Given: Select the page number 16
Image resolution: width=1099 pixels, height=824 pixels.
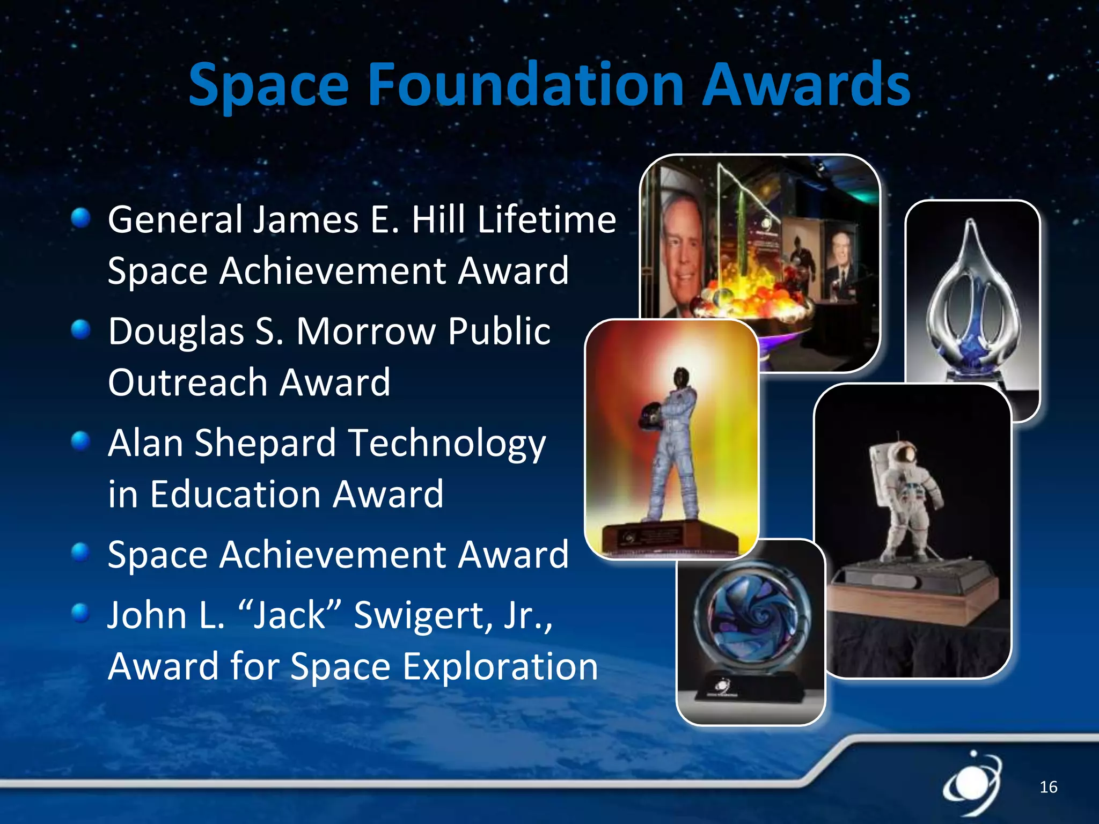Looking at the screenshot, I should click(1048, 787).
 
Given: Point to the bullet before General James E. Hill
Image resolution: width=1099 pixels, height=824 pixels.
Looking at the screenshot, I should click(80, 218).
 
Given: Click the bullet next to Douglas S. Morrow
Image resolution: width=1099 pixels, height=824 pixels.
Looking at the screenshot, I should click(80, 329).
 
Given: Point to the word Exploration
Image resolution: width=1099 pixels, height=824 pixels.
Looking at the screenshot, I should click(500, 667).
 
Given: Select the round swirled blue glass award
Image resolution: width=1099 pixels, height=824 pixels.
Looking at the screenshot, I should click(751, 617).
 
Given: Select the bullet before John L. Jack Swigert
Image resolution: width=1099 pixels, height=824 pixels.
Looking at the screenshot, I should click(80, 612).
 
